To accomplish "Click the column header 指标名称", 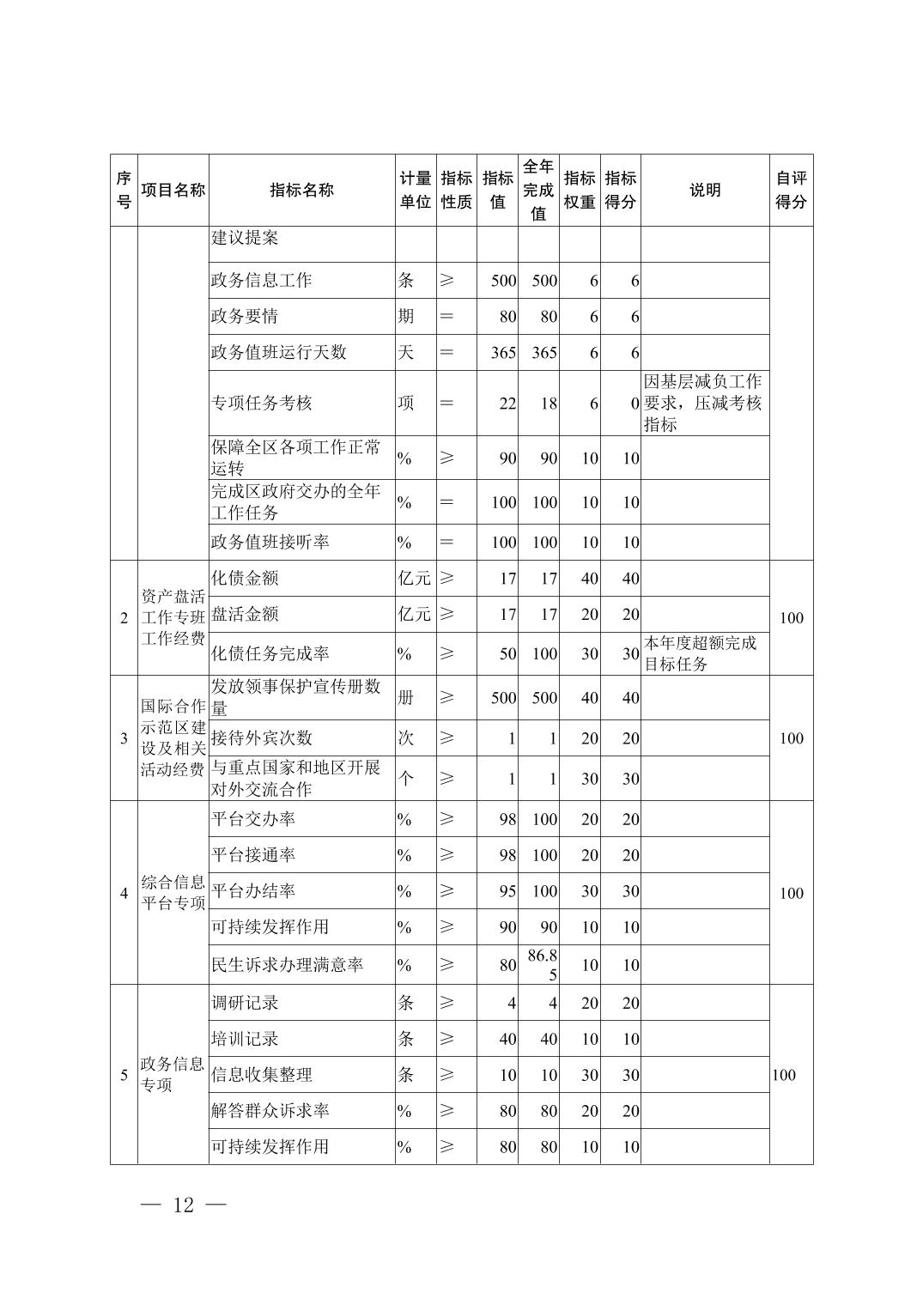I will pos(301,191).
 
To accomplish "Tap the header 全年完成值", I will pos(538,190).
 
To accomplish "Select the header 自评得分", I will pos(791,190).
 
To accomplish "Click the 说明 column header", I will pos(705,191).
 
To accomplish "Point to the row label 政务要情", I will pos(245,317).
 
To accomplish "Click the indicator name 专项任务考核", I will pos(261,404).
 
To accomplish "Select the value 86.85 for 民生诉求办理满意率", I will pos(542,964).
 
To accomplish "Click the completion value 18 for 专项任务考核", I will pos(548,404).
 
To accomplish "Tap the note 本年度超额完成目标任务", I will pos(701,653).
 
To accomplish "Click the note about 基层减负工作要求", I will pos(703,403).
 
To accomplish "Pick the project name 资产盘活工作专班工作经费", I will pos(173,617).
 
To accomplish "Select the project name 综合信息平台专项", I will pos(173,892).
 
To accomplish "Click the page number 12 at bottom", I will pos(184,1205).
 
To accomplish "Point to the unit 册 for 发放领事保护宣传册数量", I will pos(406,698).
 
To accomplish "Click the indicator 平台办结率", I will pos(253,891).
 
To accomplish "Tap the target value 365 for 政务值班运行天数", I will pos(503,353).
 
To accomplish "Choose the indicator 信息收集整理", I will pos(261,1075).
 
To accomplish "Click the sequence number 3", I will pos(124,738).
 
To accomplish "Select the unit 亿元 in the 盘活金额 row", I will pos(415,615).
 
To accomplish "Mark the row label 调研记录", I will pos(245,1003).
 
